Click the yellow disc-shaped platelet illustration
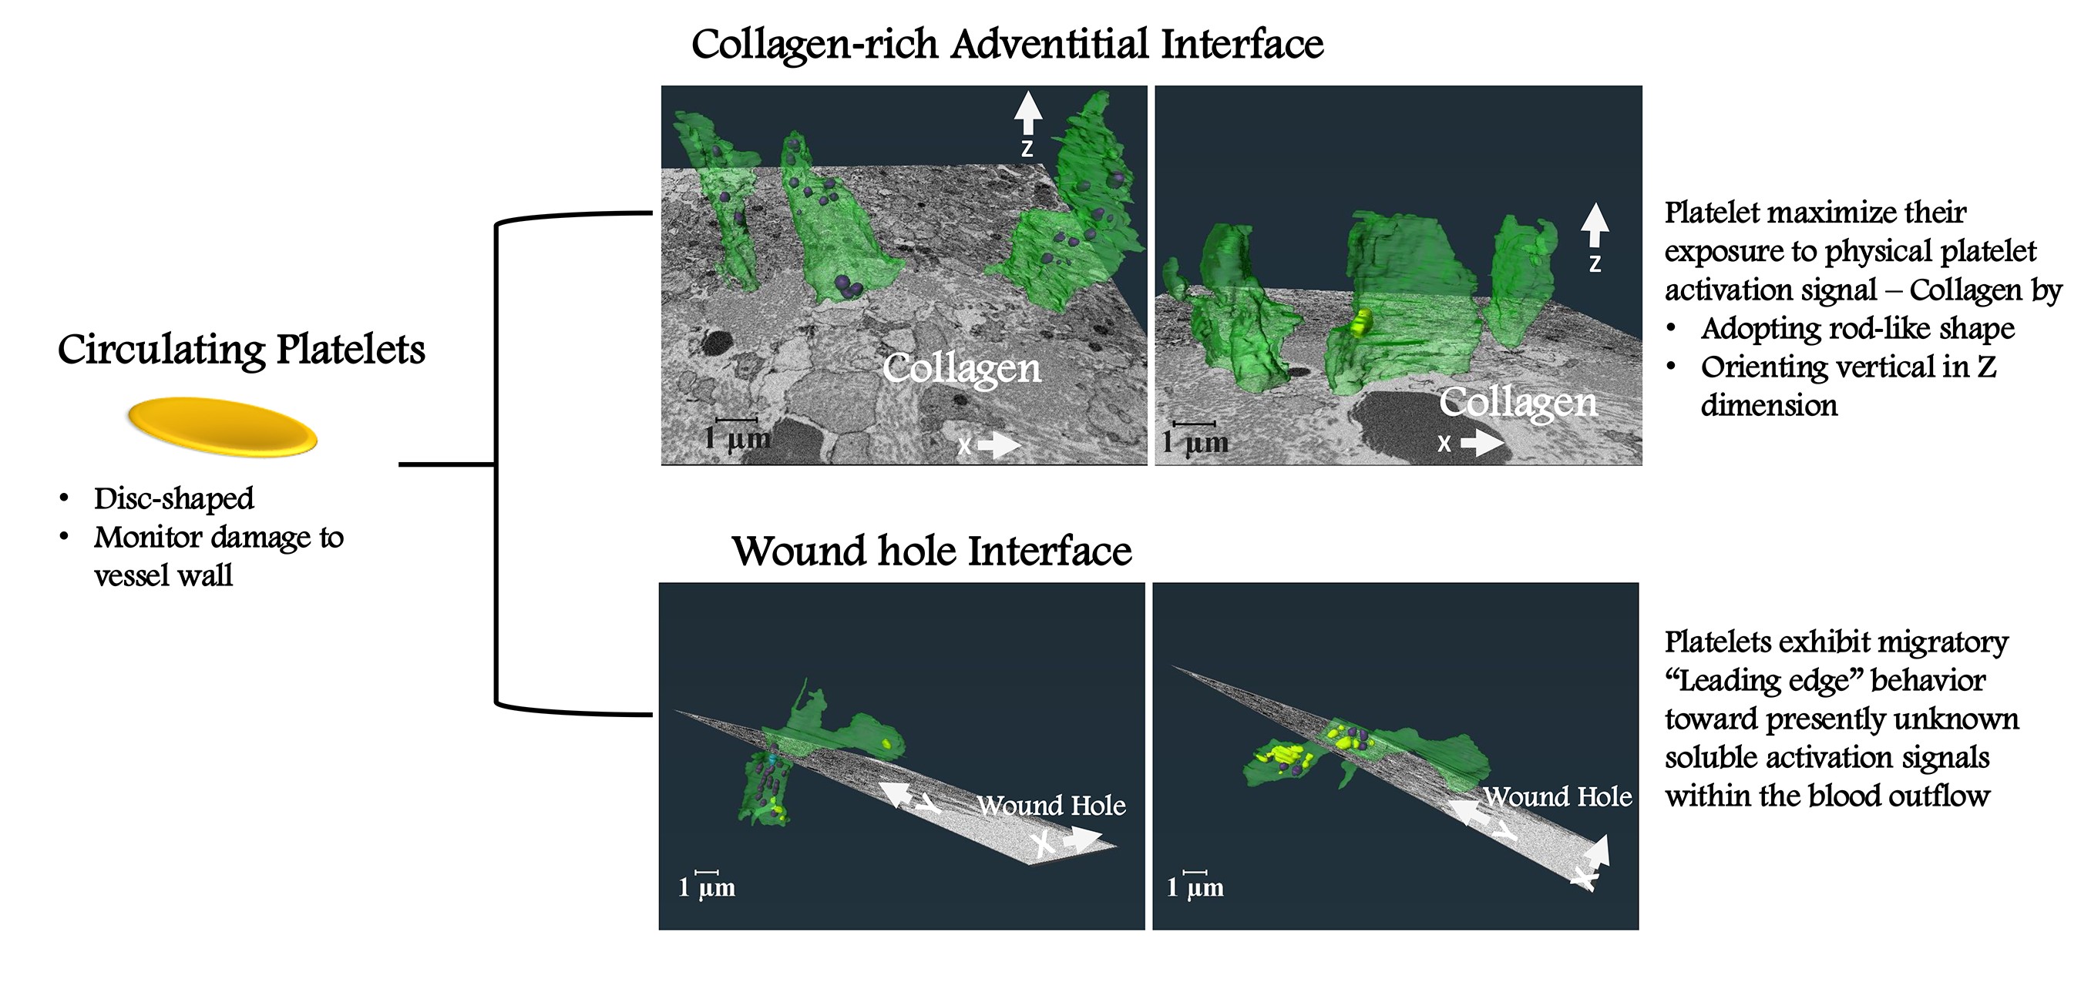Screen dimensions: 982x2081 [x=222, y=427]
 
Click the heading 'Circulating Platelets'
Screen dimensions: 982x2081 [x=240, y=350]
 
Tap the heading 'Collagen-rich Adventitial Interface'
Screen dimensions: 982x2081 [x=1007, y=44]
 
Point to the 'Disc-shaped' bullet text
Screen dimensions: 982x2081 [x=173, y=498]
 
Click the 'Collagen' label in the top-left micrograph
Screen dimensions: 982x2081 [x=961, y=368]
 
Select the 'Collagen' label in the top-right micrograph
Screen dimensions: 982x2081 [x=1517, y=402]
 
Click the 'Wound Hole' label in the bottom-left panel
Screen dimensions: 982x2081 [x=1051, y=805]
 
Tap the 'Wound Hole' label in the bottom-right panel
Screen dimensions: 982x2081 [x=1557, y=796]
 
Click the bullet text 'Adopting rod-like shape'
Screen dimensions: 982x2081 [x=1857, y=329]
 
